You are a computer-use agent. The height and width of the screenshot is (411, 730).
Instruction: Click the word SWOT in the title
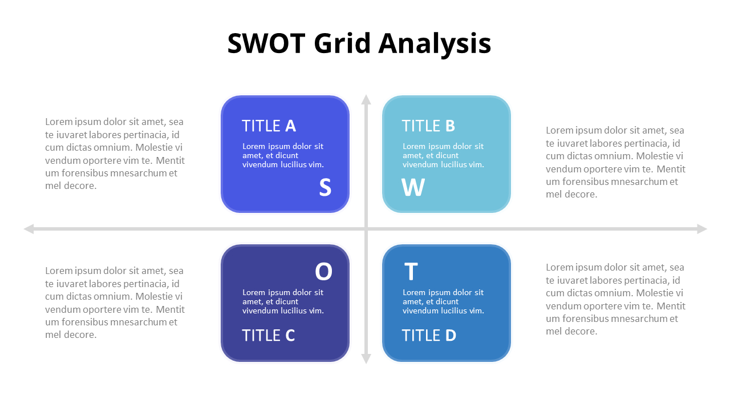[x=265, y=44]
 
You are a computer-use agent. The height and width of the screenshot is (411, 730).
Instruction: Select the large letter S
[x=325, y=188]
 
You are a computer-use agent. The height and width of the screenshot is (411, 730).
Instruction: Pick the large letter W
[x=413, y=188]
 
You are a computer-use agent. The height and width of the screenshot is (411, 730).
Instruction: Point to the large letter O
[x=323, y=272]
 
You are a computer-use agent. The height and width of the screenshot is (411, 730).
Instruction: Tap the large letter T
[x=411, y=272]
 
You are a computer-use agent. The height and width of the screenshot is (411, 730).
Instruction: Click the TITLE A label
[x=269, y=126]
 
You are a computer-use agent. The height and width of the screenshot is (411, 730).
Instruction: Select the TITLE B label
[x=428, y=126]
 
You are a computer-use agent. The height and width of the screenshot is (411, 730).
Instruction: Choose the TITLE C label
[x=268, y=336]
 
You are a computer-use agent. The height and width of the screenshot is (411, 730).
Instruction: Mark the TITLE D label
[x=429, y=336]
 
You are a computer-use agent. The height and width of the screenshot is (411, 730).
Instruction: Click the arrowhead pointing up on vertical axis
[x=366, y=99]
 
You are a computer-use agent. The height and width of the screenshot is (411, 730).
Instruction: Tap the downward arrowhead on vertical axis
[x=366, y=359]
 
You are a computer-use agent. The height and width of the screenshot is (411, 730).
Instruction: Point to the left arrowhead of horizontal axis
[x=29, y=229]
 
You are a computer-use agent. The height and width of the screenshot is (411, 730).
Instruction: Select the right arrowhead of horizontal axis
[x=702, y=229]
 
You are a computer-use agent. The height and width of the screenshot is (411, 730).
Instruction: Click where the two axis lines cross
[x=366, y=229]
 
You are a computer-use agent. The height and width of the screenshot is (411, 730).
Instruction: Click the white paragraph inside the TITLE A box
[x=283, y=155]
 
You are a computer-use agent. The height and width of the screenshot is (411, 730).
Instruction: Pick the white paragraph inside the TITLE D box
[x=443, y=301]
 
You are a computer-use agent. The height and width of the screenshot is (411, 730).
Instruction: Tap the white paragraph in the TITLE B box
[x=443, y=155]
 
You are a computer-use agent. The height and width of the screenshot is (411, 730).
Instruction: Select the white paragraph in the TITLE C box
[x=283, y=301]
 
